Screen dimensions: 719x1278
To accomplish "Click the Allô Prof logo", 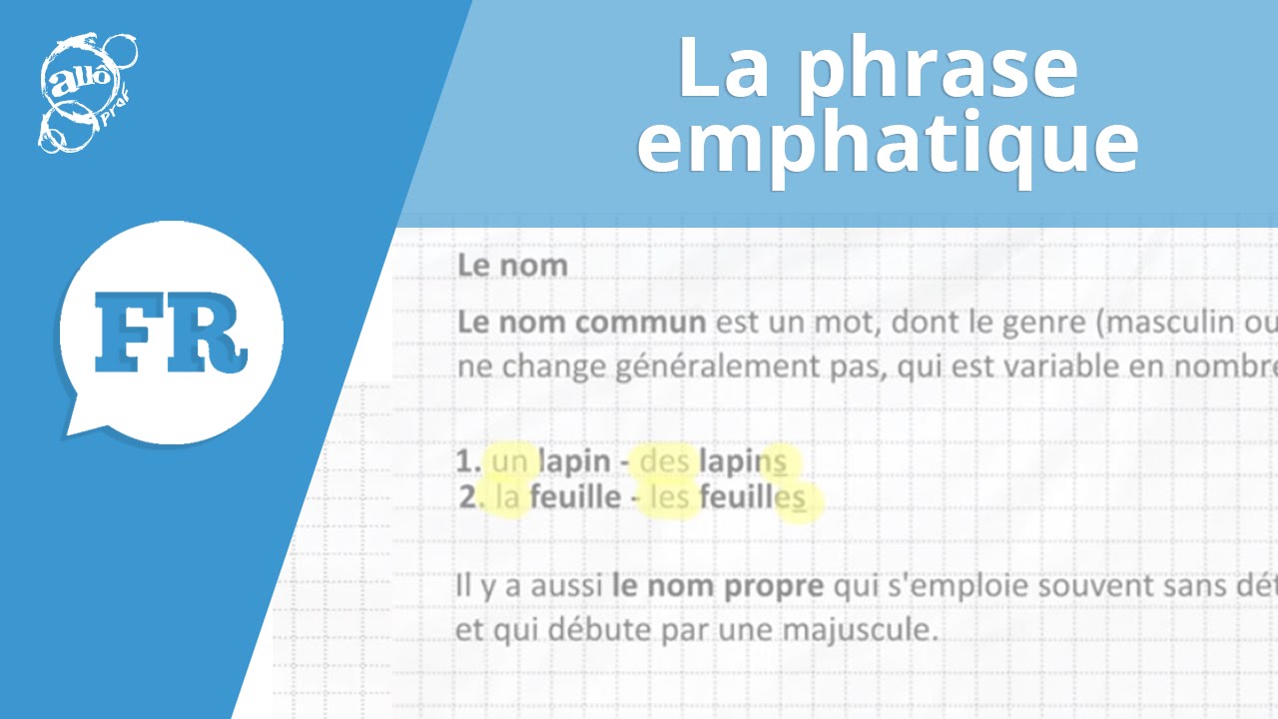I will click(87, 92).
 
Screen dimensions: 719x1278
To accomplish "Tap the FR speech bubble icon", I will click(171, 330).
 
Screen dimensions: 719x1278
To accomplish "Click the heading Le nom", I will click(512, 266).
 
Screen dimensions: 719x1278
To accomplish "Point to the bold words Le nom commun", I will click(581, 324).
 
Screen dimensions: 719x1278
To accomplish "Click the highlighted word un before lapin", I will click(509, 461).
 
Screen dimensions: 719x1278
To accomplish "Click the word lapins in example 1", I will click(743, 461).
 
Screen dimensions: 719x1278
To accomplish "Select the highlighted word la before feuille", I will click(507, 497).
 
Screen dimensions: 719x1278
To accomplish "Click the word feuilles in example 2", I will click(752, 497).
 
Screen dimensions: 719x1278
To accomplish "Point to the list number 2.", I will click(469, 497).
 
